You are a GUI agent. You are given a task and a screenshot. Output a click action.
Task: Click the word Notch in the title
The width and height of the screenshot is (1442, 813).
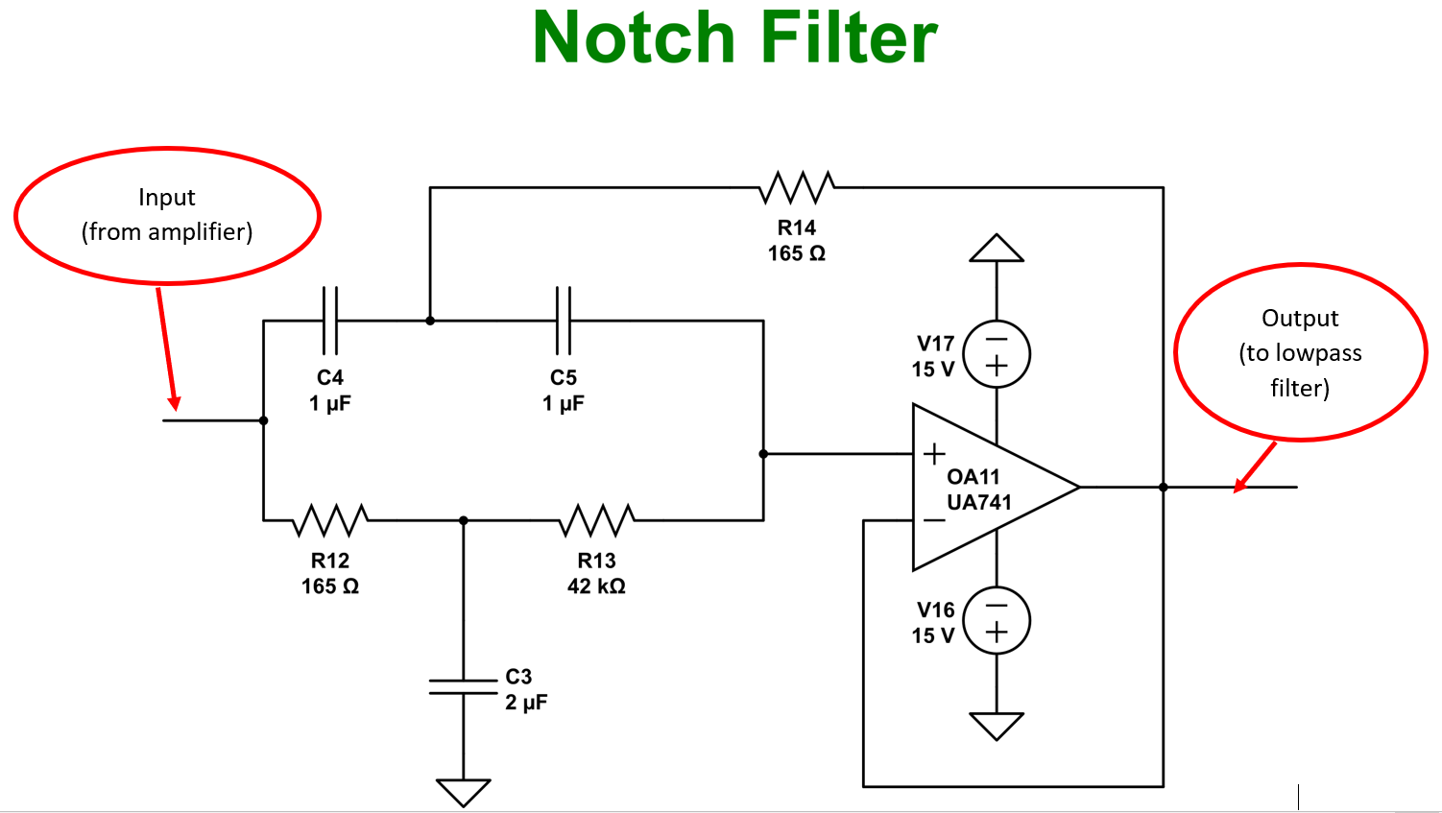pos(634,38)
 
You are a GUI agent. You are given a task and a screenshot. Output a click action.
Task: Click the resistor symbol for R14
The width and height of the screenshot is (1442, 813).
pos(797,188)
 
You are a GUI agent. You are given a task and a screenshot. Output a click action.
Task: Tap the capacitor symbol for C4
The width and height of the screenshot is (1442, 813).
pos(330,321)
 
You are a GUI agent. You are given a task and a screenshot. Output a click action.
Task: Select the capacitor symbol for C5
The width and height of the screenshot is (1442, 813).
pos(564,321)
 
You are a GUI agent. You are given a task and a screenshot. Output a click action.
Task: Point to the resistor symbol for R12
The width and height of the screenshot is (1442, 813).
pos(330,520)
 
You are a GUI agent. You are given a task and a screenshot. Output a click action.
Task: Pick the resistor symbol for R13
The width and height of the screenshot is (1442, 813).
pos(597,520)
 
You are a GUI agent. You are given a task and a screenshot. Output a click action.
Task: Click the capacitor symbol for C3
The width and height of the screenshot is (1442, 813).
pos(464,686)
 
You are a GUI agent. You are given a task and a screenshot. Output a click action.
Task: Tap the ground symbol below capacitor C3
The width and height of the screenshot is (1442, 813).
pos(464,792)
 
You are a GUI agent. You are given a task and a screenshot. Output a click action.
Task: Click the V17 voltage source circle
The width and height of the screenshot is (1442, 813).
pos(997,354)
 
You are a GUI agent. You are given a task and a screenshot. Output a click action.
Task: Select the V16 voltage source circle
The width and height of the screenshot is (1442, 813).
pos(997,621)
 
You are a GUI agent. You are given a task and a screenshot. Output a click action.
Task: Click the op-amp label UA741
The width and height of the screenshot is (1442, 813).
pos(979,502)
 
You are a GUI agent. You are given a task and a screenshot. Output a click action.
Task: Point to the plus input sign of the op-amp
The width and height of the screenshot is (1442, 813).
pos(934,454)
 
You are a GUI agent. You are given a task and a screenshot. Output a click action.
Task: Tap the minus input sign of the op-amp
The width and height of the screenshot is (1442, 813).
pos(934,520)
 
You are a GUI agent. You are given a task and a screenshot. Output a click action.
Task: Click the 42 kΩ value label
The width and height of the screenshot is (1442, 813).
pos(596,586)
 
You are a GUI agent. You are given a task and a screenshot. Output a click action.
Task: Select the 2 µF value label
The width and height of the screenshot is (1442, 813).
pos(526,703)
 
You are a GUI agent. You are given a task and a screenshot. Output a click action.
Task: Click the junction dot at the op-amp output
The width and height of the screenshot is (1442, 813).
pos(1164,488)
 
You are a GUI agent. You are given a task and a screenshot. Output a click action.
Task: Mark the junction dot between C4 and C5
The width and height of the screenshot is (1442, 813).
pos(430,321)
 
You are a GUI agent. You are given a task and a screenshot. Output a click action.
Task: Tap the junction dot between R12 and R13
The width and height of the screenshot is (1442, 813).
pos(464,520)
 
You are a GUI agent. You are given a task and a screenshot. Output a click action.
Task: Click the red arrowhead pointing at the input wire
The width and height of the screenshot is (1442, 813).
pos(175,403)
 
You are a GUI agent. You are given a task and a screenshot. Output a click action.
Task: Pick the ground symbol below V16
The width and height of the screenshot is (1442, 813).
pos(997,725)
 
